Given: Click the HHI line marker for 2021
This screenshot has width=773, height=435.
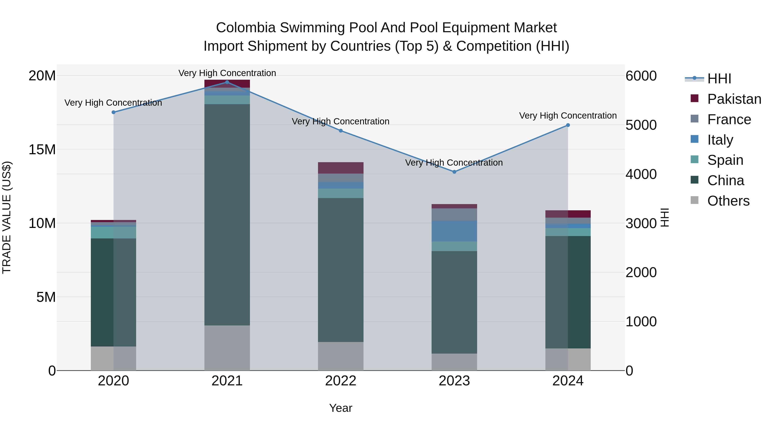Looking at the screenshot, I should [227, 82].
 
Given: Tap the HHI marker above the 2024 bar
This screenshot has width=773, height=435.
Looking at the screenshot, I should [568, 125].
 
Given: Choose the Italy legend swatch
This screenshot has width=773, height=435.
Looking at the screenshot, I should [695, 139].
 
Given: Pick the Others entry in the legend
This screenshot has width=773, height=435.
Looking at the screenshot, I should [728, 201].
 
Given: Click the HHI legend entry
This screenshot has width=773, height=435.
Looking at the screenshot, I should [719, 79].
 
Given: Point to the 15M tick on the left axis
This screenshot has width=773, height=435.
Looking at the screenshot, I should [42, 150].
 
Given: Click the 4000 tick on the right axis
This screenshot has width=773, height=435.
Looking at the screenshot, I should [641, 174].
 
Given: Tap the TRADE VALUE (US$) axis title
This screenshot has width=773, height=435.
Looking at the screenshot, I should [7, 217].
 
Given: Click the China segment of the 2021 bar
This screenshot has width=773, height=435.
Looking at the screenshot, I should [227, 215].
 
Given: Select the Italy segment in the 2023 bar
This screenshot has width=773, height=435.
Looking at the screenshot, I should [454, 231].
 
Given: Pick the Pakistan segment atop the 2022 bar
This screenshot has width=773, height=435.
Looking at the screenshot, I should [341, 168].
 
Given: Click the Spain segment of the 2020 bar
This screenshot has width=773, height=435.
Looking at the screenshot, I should [113, 233].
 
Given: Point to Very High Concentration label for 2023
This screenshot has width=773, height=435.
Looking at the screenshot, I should [454, 163].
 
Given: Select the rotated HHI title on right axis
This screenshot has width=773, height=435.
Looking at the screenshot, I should [665, 217].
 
